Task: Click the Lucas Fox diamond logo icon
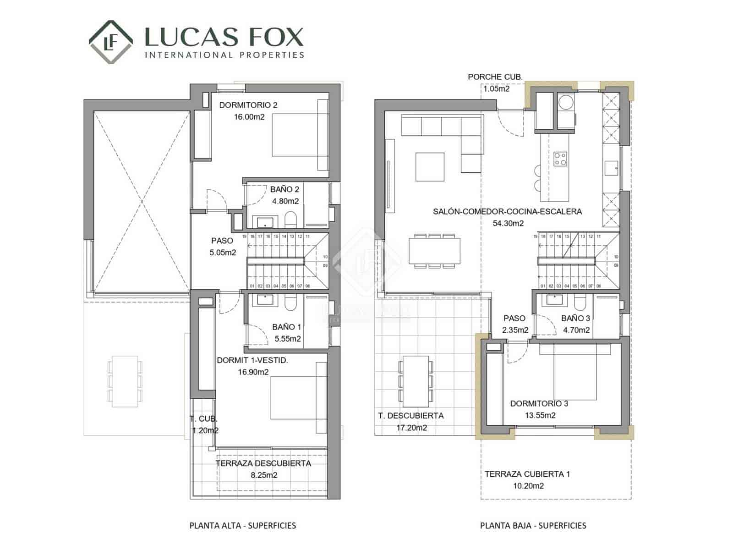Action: click(x=111, y=42)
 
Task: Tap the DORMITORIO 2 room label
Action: click(x=248, y=105)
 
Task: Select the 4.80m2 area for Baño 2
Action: click(x=285, y=201)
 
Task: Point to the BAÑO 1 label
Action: click(x=286, y=327)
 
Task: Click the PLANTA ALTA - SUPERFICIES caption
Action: click(x=242, y=525)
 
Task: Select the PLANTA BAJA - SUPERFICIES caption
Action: click(x=533, y=525)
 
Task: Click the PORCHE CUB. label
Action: click(x=495, y=77)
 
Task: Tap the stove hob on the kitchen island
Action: click(x=560, y=159)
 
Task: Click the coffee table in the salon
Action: click(x=430, y=167)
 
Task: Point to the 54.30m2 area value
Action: click(x=508, y=223)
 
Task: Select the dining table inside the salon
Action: click(x=434, y=251)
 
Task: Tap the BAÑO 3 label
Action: click(x=575, y=318)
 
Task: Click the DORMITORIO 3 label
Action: click(x=539, y=403)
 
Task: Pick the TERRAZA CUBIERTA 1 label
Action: click(x=527, y=474)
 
